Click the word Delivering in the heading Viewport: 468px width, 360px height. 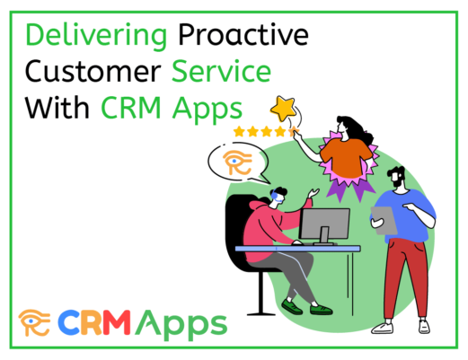96,37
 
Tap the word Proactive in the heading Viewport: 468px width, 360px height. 243,34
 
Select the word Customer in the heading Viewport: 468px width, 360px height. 93,71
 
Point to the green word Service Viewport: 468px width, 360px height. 221,71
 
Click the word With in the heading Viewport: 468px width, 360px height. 57,107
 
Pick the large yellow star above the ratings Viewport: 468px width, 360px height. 283,109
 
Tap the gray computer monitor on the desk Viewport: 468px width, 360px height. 324,226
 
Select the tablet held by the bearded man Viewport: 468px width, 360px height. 384,220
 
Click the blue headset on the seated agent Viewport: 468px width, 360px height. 275,195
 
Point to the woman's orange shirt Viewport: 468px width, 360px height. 346,158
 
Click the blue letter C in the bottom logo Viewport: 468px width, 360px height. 68,322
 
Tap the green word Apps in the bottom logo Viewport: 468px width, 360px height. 181,325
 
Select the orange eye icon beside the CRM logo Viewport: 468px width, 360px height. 34,322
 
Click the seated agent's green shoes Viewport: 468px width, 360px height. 306,307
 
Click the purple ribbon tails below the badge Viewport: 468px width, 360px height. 350,189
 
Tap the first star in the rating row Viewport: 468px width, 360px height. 239,131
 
